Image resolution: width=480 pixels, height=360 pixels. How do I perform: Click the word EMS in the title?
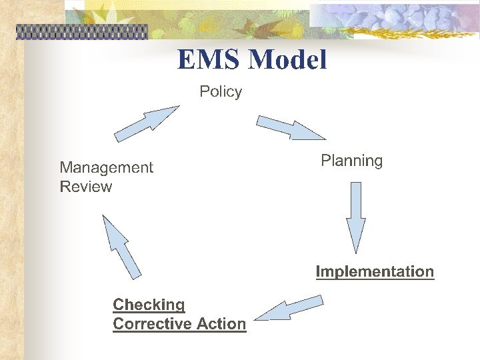(209, 60)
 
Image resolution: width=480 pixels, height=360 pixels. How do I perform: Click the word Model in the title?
(287, 60)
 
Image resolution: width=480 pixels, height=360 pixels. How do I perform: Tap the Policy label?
(221, 91)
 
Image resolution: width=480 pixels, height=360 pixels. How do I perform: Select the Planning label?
(351, 161)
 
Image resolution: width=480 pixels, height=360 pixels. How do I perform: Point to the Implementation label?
(375, 271)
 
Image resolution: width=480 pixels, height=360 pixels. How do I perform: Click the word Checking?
(149, 305)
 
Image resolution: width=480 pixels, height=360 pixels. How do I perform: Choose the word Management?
(106, 167)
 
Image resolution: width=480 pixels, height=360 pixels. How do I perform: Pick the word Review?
(86, 187)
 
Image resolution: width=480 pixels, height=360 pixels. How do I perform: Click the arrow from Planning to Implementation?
(356, 217)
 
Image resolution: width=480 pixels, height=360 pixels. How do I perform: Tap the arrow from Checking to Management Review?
(121, 246)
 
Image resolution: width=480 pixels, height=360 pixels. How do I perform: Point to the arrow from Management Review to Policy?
(147, 123)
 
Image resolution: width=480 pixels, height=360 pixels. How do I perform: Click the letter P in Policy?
(204, 91)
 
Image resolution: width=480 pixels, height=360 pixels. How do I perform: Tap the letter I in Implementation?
(318, 271)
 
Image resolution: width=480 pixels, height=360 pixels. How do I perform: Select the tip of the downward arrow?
(356, 251)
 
